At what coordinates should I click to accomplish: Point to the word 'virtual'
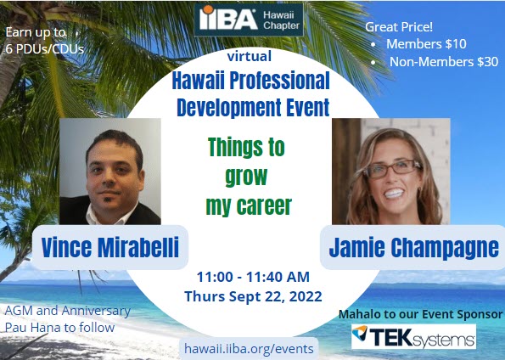250,58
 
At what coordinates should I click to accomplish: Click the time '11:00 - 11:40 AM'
252,278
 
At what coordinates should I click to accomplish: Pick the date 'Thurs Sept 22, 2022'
252,295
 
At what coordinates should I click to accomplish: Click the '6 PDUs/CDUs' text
44,48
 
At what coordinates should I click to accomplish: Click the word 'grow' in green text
246,176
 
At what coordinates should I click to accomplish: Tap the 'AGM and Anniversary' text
68,310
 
